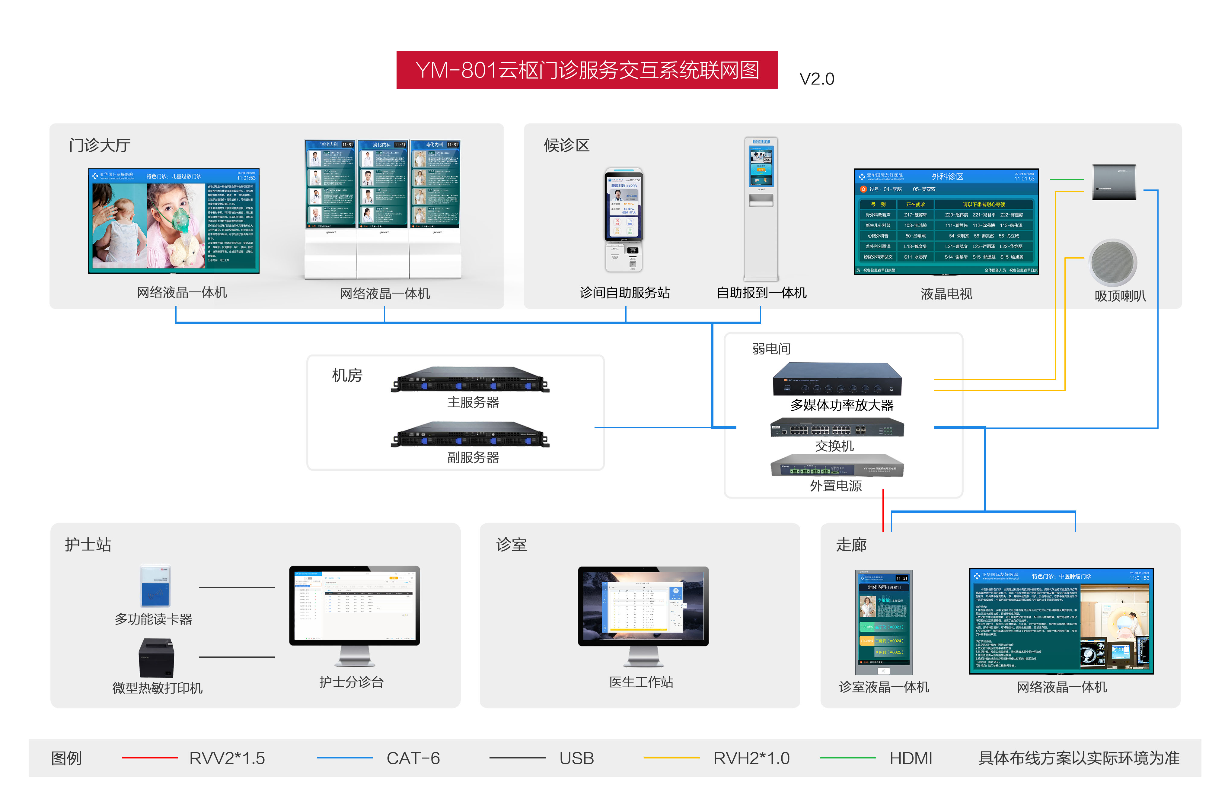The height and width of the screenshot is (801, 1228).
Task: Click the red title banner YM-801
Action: (x=587, y=70)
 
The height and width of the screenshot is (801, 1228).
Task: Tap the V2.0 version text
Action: (x=816, y=79)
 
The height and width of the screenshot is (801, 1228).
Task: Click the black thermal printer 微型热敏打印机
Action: (x=156, y=658)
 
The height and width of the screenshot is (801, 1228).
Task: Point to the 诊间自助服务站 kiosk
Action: (x=624, y=219)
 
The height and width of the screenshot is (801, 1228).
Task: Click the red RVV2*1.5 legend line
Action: (x=150, y=758)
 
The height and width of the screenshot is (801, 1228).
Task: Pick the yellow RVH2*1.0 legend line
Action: (x=671, y=758)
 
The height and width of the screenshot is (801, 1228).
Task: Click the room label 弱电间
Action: (x=771, y=349)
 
